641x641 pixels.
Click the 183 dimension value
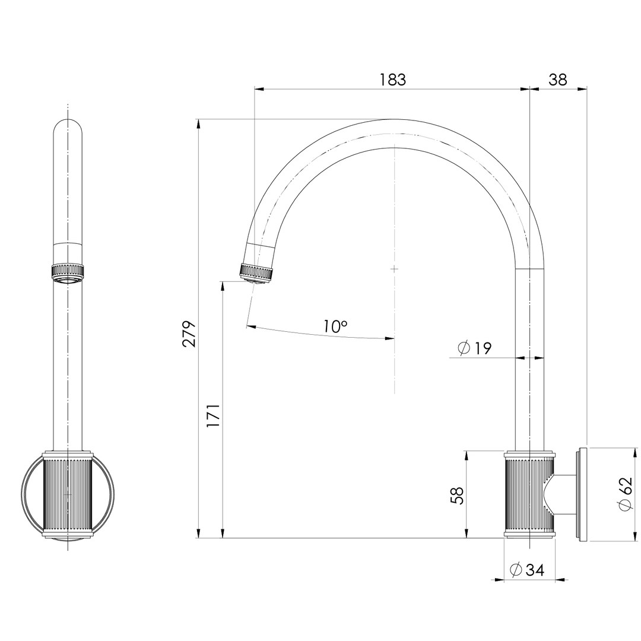click(393, 80)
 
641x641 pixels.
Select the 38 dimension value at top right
click(557, 80)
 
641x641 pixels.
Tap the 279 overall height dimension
click(189, 334)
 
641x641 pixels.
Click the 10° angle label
click(335, 326)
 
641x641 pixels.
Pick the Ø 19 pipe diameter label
click(475, 348)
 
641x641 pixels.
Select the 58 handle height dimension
click(457, 495)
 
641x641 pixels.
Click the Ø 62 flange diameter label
click(625, 493)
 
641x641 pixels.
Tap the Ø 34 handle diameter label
click(527, 570)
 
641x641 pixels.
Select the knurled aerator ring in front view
click(68, 271)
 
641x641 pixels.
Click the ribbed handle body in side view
click(529, 494)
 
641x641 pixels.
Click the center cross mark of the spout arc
click(394, 269)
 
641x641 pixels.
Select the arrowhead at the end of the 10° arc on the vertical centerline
click(389, 338)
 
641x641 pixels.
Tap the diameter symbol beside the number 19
click(464, 348)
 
